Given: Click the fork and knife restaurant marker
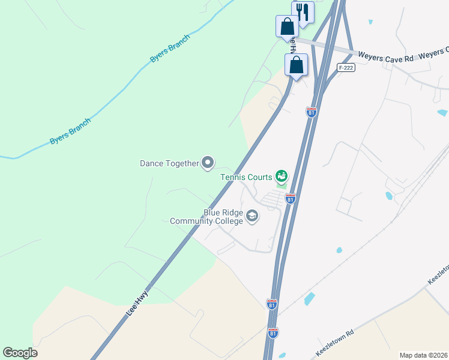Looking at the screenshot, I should click(303, 12).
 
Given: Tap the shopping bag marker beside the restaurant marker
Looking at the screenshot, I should click(287, 27).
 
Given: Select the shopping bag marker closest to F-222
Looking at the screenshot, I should click(297, 65).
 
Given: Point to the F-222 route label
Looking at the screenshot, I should click(345, 68).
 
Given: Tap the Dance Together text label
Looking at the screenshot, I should click(169, 163).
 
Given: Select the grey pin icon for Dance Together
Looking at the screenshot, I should click(208, 162).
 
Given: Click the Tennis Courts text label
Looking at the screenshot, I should click(246, 177).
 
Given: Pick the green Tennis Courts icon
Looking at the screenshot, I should click(281, 176).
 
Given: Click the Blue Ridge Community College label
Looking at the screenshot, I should click(207, 217).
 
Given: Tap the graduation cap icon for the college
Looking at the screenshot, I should click(252, 216).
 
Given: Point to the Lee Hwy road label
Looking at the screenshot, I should click(137, 304).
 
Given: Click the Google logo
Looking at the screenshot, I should click(20, 353).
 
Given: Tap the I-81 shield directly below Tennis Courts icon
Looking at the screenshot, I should click(291, 198).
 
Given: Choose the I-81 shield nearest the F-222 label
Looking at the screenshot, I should click(311, 112).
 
